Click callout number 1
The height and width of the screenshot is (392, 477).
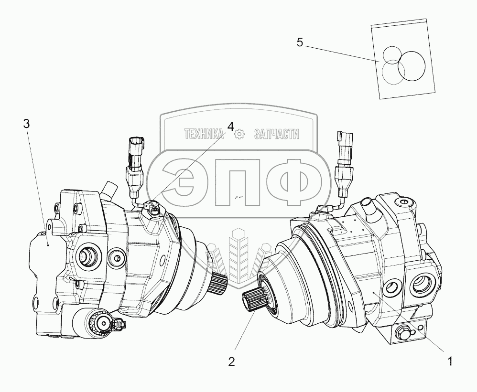click(449, 361)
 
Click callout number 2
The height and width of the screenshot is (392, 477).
click(231, 362)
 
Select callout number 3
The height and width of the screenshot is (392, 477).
click(26, 124)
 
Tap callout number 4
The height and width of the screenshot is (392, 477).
click(231, 127)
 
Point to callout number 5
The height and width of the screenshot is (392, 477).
click(300, 42)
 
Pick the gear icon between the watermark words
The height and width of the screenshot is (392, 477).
click(239, 135)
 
